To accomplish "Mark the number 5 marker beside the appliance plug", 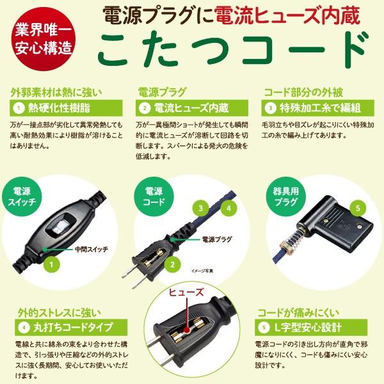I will [358, 208].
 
